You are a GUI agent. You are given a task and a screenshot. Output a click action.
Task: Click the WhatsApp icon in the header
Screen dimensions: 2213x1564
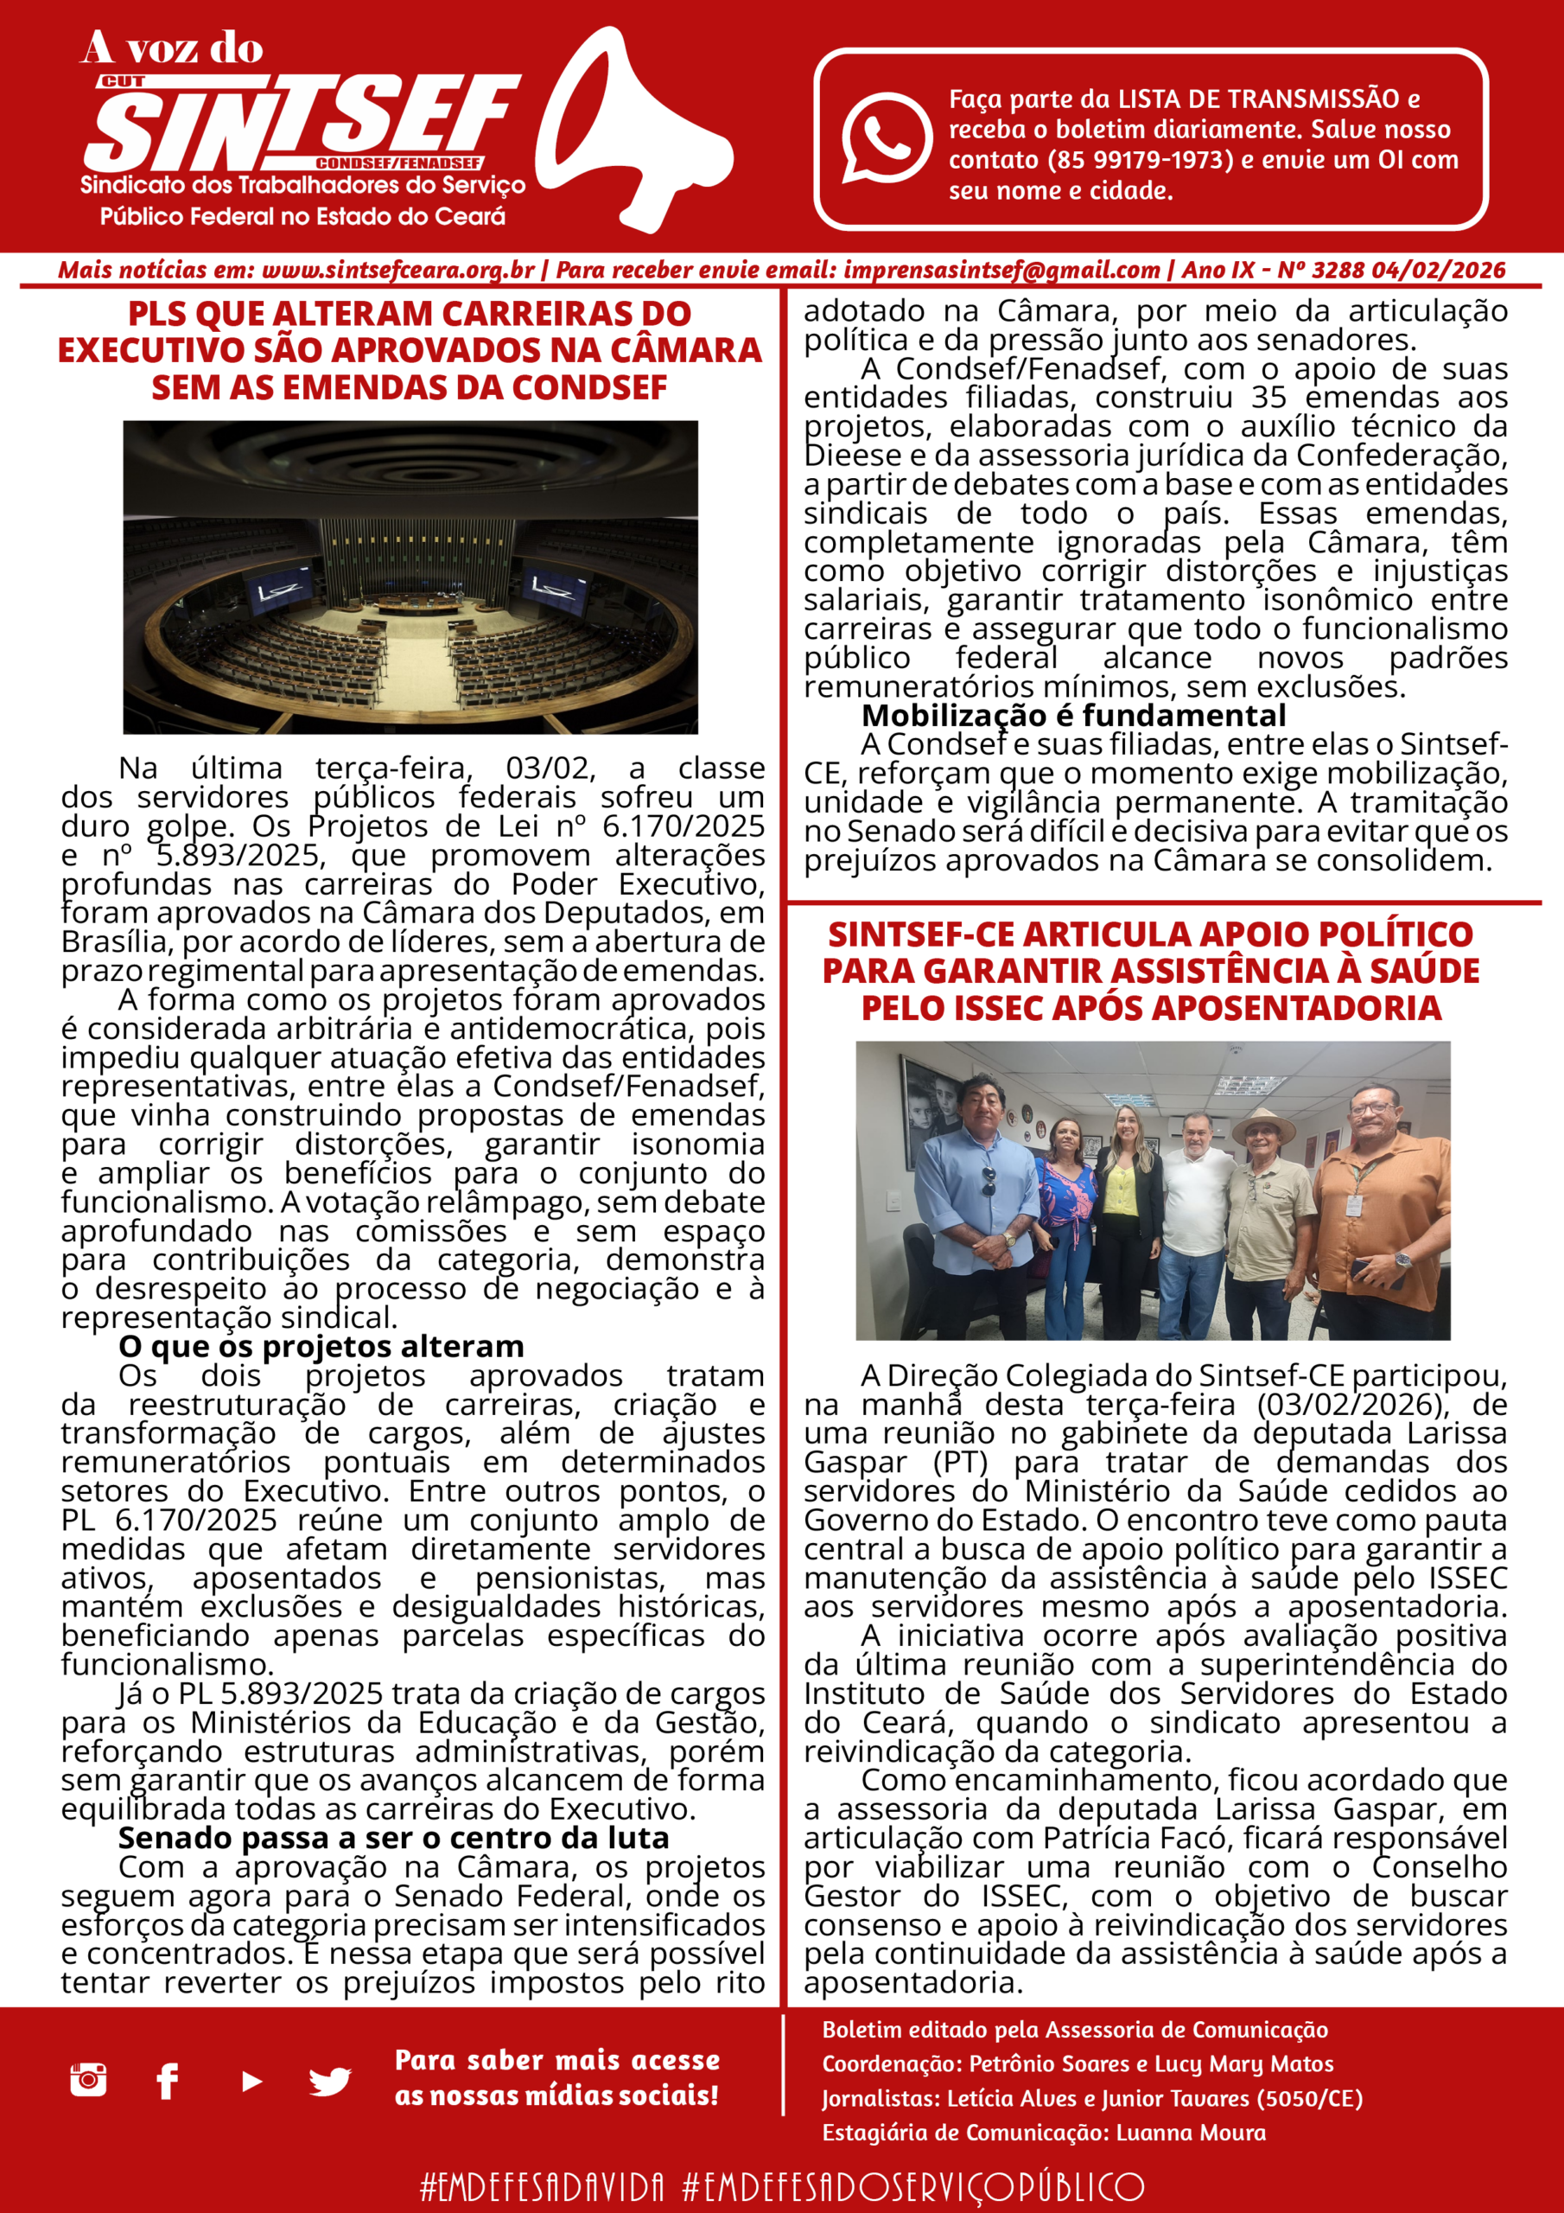[886, 137]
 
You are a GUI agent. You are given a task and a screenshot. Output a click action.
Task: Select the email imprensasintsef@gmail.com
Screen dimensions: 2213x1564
[1001, 270]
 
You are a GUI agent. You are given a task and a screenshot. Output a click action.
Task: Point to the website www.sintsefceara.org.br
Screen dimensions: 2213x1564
[397, 270]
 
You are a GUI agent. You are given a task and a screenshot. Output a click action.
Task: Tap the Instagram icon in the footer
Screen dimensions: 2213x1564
[87, 2080]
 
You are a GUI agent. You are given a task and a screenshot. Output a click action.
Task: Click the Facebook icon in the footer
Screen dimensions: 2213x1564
[168, 2081]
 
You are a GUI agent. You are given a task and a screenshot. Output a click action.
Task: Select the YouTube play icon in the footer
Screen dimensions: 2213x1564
[251, 2081]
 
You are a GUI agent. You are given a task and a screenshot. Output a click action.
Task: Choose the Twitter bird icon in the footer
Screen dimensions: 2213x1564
[329, 2081]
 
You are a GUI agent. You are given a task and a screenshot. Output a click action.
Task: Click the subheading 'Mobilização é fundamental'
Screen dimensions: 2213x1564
[1072, 715]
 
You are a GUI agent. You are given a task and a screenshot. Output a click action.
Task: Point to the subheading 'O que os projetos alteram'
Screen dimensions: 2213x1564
[321, 1347]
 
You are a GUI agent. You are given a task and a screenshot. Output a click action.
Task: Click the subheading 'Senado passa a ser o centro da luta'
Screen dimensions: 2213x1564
[393, 1838]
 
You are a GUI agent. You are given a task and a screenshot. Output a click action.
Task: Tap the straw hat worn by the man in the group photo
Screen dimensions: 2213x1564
[1263, 1126]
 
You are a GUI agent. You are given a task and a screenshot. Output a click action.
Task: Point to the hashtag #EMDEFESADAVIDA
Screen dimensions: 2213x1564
[542, 2186]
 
